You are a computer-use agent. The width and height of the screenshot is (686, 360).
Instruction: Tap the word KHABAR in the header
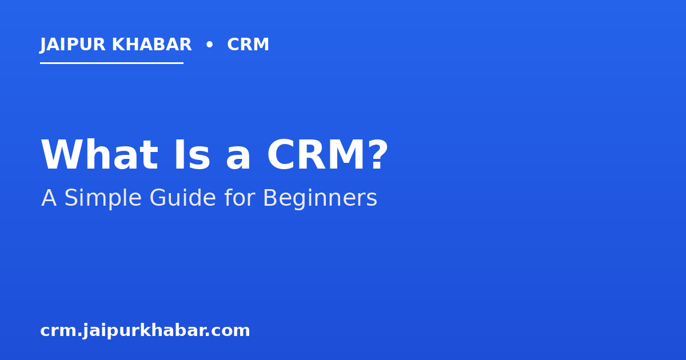pyautogui.click(x=151, y=45)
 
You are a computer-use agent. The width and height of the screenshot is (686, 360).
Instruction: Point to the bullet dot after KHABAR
pyautogui.click(x=209, y=45)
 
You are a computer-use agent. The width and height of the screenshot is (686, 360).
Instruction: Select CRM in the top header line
pyautogui.click(x=248, y=45)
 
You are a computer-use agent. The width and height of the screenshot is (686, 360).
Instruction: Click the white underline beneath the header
pyautogui.click(x=112, y=63)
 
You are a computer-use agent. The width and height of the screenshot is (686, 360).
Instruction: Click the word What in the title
pyautogui.click(x=99, y=155)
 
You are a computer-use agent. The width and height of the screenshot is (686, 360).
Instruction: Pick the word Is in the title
pyautogui.click(x=192, y=155)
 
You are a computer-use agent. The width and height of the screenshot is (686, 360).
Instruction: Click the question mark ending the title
pyautogui.click(x=379, y=154)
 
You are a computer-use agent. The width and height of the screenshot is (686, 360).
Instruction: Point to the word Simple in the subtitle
pyautogui.click(x=102, y=198)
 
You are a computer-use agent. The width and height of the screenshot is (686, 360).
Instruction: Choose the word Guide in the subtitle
pyautogui.click(x=183, y=198)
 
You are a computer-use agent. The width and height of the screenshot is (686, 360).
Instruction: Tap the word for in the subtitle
pyautogui.click(x=240, y=198)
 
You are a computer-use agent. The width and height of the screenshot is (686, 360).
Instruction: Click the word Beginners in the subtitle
pyautogui.click(x=320, y=198)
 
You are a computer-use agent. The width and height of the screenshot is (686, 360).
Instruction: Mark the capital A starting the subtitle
pyautogui.click(x=49, y=198)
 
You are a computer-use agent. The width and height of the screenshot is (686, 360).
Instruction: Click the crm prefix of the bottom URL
pyautogui.click(x=58, y=331)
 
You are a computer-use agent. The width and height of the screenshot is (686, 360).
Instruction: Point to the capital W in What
pyautogui.click(x=62, y=155)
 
